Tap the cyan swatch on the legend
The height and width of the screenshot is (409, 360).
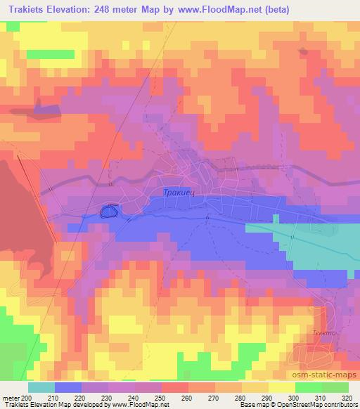click(41, 387)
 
